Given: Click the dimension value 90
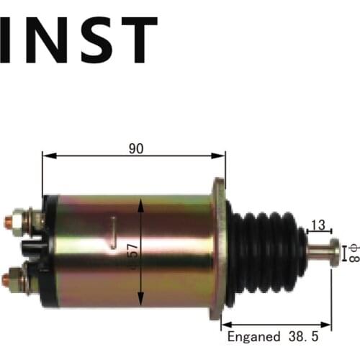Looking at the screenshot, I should pyautogui.click(x=135, y=149).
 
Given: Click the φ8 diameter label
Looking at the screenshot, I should pyautogui.click(x=352, y=253).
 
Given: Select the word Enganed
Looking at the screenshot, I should pyautogui.click(x=252, y=336).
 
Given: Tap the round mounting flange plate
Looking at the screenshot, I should pyautogui.click(x=218, y=248).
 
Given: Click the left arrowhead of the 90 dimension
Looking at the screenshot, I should pyautogui.click(x=45, y=155).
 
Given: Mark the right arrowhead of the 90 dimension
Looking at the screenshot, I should pyautogui.click(x=222, y=155).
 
